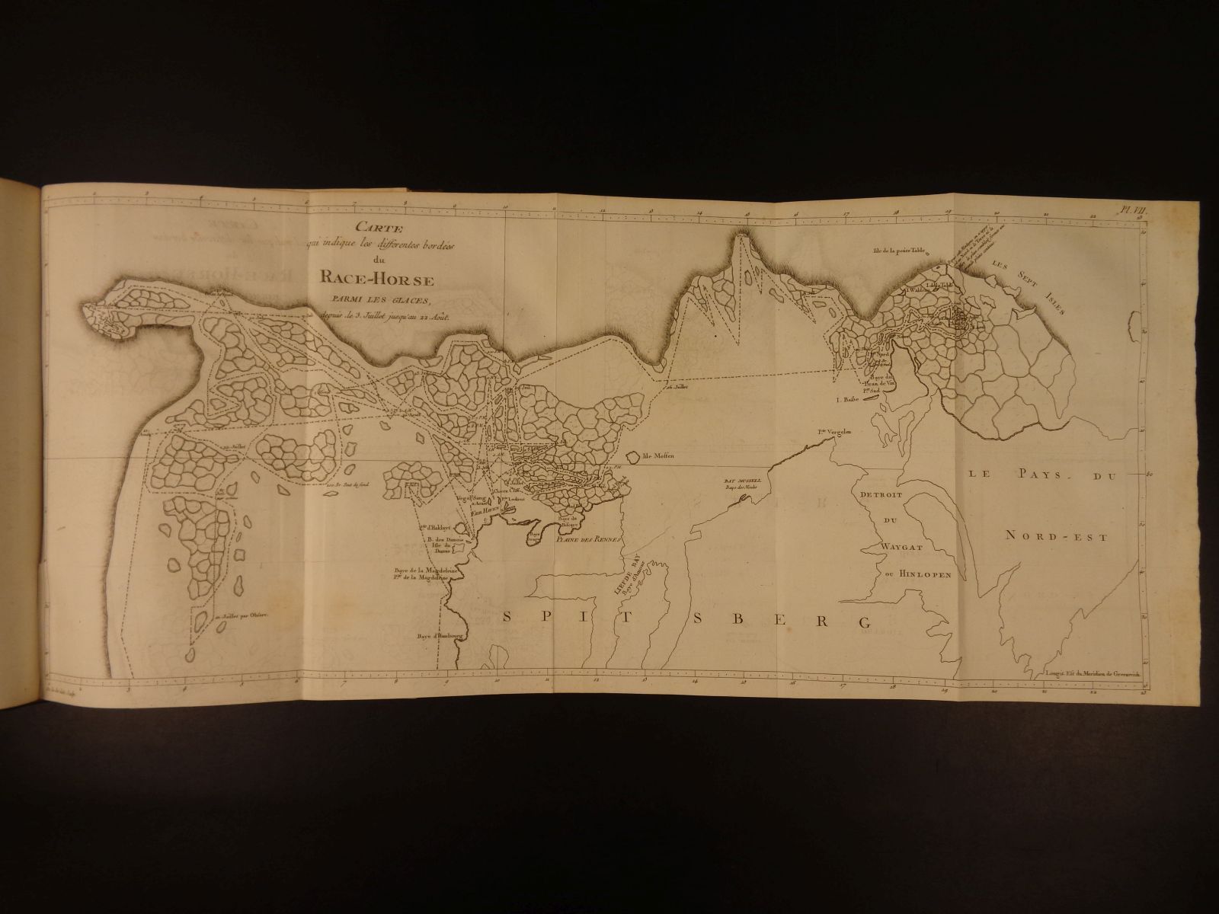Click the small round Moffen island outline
[x=632, y=458]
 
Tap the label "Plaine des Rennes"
[x=590, y=539]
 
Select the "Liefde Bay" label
[x=629, y=579]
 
